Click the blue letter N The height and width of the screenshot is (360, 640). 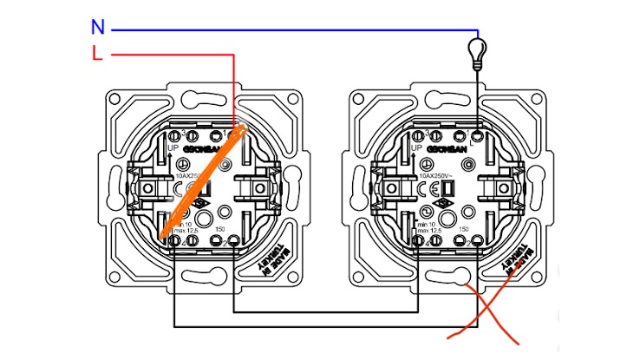[98, 28]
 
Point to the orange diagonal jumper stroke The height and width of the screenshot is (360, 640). [203, 184]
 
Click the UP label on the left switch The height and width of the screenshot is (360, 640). [173, 149]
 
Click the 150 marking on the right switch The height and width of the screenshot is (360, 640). [464, 229]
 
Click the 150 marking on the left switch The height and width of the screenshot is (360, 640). [219, 229]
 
